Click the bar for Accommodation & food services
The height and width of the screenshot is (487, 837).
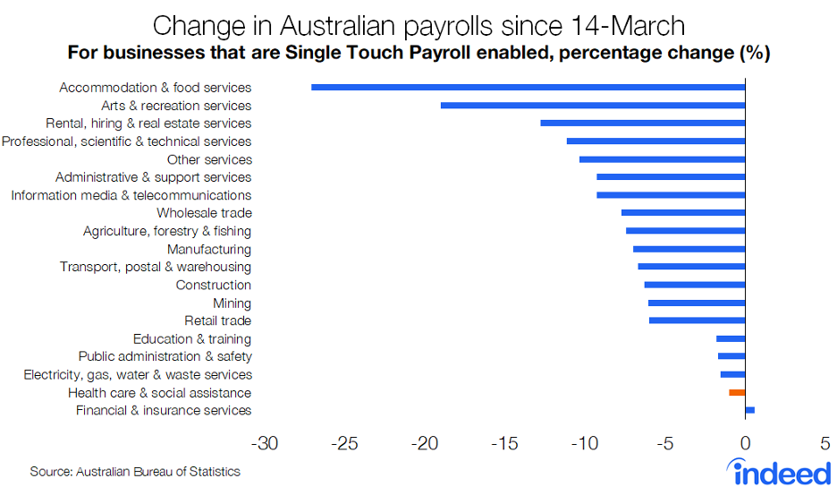528,88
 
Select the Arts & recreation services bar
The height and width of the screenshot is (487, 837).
592,106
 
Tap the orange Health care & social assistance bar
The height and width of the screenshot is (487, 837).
737,392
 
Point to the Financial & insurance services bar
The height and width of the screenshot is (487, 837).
749,410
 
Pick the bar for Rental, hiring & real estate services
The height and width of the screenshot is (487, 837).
642,124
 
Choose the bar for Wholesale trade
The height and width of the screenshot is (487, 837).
682,213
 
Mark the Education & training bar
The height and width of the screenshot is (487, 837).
731,338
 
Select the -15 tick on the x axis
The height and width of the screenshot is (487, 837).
504,443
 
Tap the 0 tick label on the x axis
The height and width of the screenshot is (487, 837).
745,443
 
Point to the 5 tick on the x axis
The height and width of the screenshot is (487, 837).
824,443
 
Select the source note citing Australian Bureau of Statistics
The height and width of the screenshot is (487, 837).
135,472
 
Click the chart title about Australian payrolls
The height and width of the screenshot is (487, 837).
418,24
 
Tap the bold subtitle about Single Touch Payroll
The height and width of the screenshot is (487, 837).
418,53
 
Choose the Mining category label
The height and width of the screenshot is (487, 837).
232,303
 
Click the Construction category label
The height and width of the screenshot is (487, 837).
213,286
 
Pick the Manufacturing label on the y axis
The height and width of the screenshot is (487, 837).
208,250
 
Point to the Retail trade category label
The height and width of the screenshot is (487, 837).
217,321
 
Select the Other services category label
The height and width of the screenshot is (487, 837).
209,159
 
